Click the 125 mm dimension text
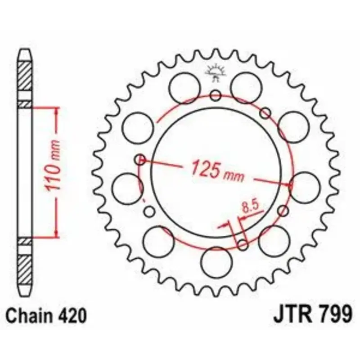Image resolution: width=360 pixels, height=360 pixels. (x=218, y=171)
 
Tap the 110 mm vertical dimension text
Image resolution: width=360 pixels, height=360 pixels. (x=53, y=165)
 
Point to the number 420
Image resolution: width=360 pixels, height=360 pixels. (x=72, y=316)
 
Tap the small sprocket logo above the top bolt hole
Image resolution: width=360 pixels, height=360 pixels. (x=216, y=73)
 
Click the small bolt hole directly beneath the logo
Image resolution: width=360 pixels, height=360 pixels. (x=216, y=95)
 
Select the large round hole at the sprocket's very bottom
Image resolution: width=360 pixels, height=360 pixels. (x=216, y=262)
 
